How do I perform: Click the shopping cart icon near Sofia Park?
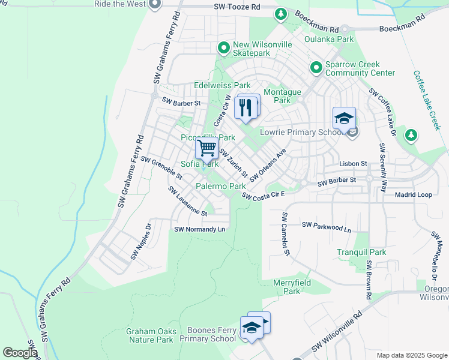tap(206, 146)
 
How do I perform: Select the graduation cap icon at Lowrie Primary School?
tap(344, 118)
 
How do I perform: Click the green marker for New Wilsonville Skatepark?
tap(223, 47)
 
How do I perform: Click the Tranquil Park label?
tap(361, 253)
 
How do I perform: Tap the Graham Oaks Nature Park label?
tap(149, 335)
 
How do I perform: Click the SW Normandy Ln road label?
tap(199, 229)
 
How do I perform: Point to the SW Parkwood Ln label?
tap(326, 226)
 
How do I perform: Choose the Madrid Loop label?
tap(413, 195)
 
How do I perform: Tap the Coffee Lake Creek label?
tap(426, 100)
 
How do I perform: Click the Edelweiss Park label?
tap(221, 86)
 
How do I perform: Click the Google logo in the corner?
tap(20, 353)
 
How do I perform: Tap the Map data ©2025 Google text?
tap(412, 355)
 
